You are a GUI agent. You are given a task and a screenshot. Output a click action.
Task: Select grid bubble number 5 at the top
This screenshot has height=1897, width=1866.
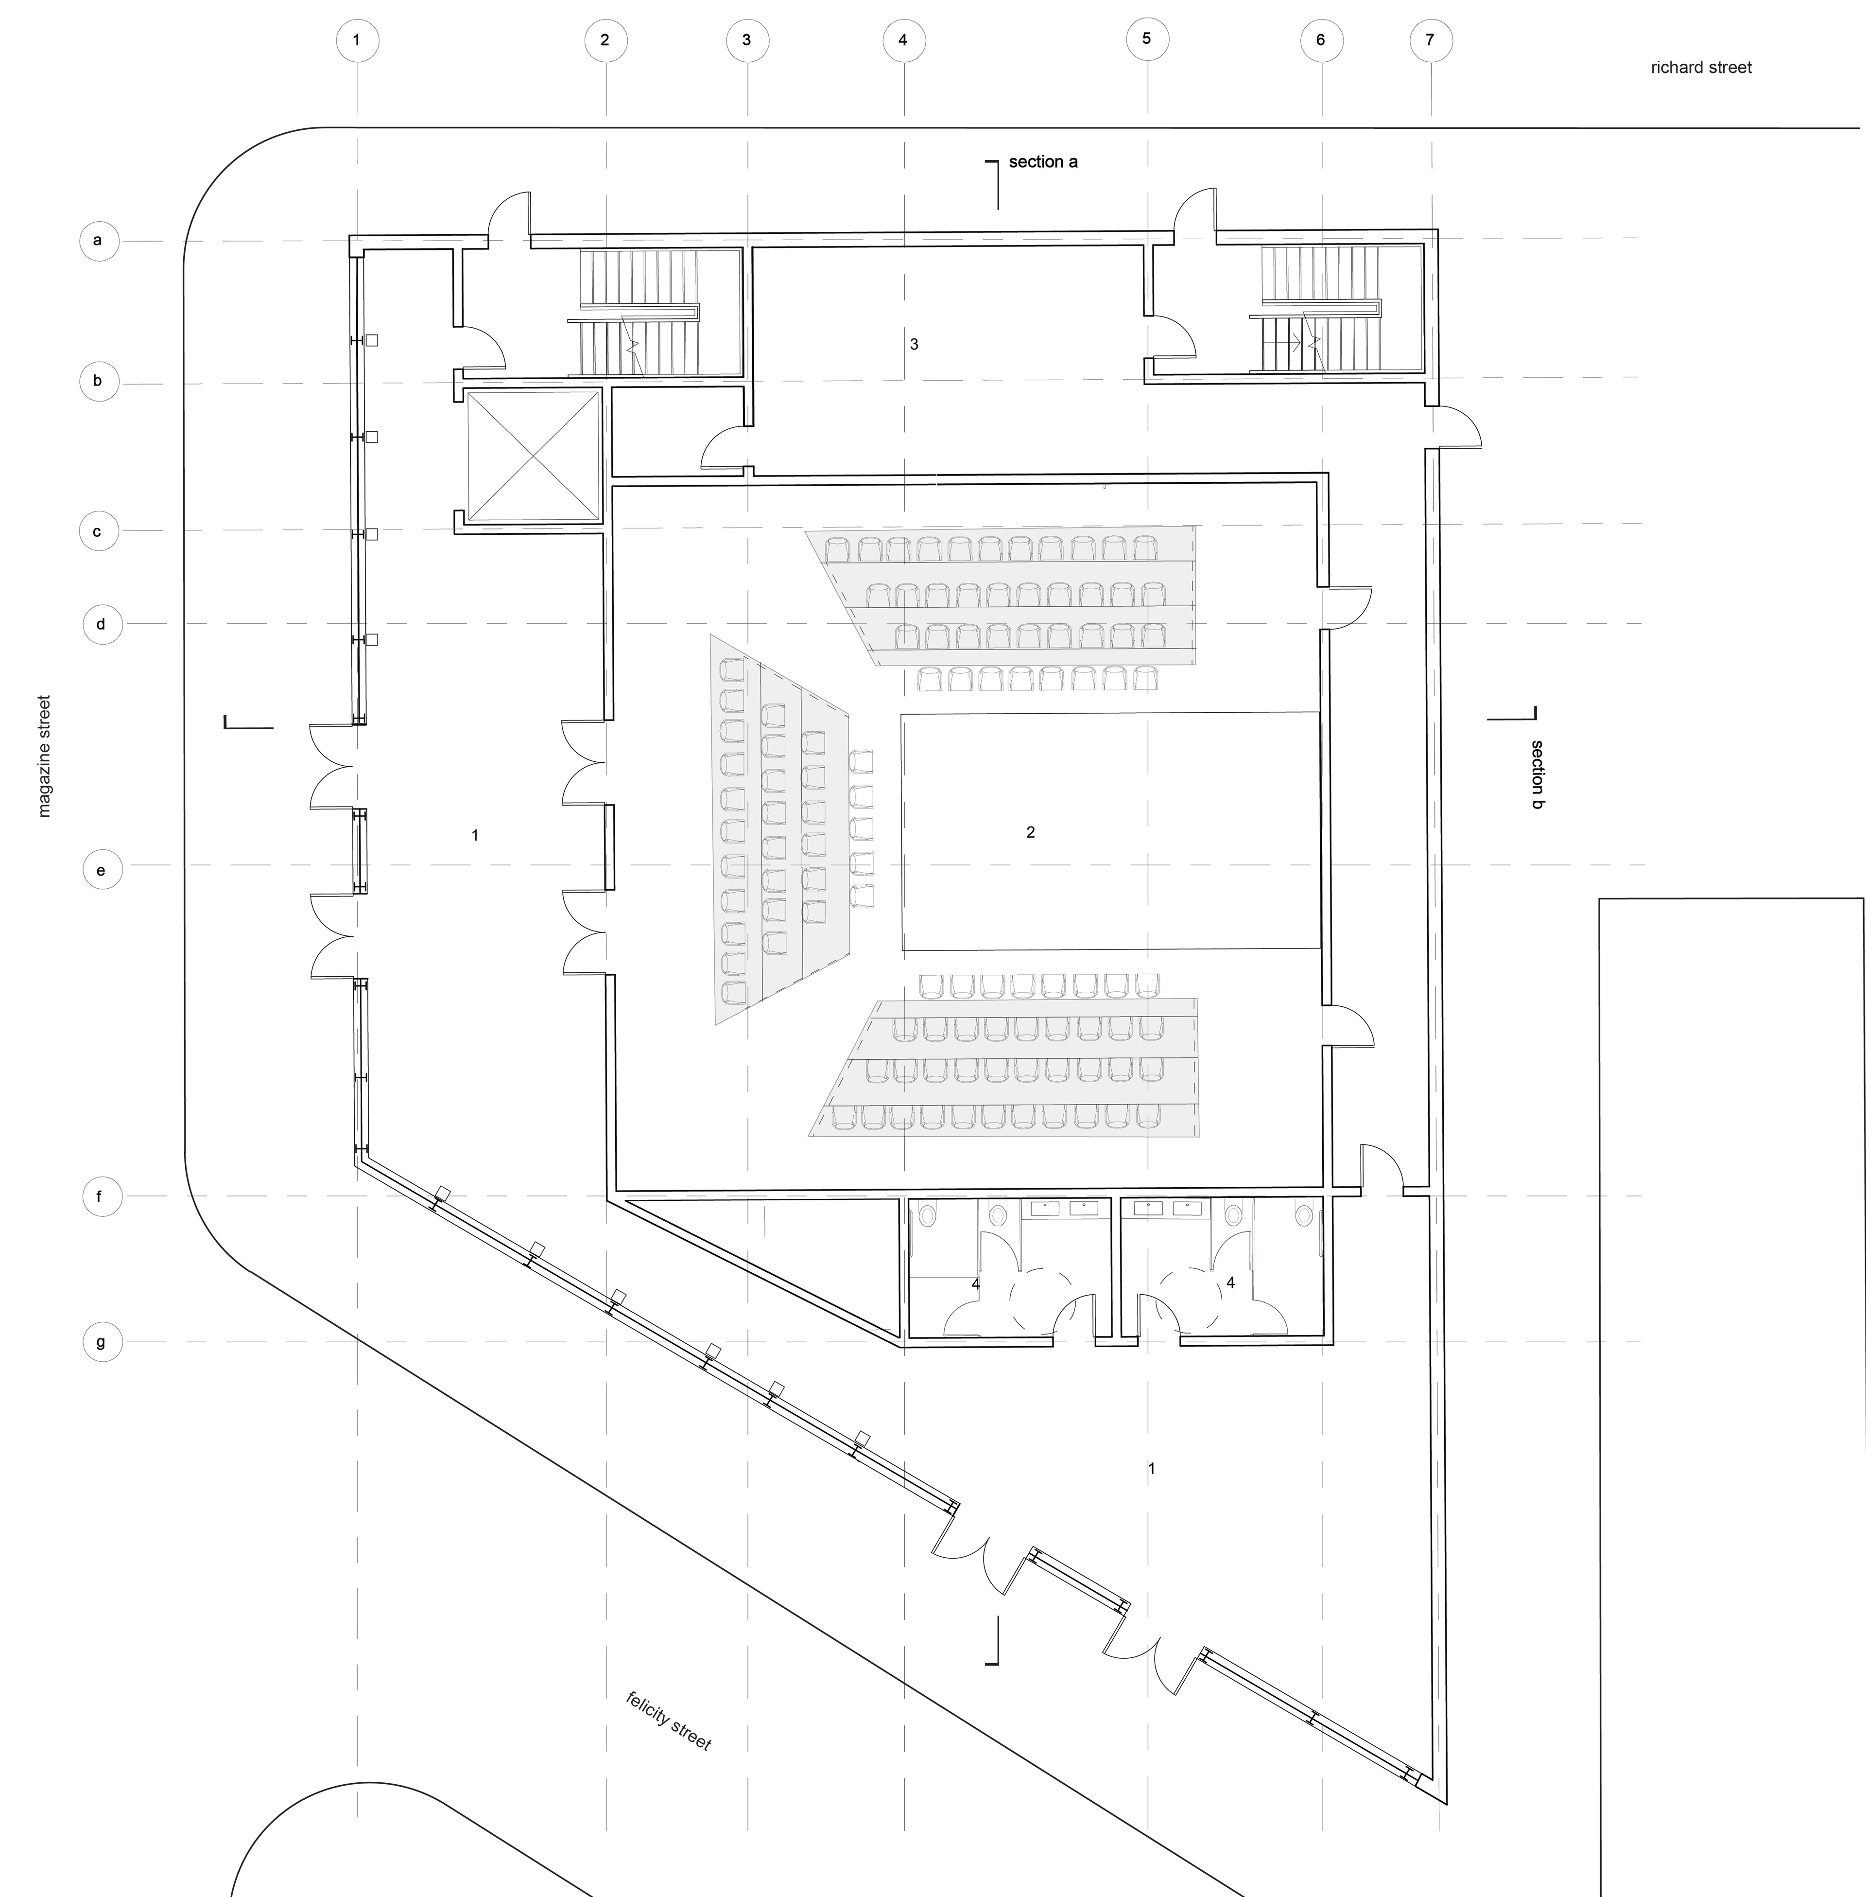[x=1147, y=39]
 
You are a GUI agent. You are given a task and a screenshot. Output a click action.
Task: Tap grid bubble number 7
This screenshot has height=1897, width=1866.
[x=1430, y=40]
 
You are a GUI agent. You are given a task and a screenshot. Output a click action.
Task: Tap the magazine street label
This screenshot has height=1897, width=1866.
[x=43, y=756]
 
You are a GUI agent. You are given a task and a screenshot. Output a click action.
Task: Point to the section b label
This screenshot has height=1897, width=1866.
[x=1537, y=774]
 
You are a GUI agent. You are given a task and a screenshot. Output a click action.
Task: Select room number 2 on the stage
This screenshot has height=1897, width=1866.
[x=1030, y=832]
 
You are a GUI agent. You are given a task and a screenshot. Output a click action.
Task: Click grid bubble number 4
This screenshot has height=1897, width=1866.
[x=902, y=40]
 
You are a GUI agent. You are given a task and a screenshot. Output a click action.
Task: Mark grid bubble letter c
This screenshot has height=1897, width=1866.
[x=98, y=531]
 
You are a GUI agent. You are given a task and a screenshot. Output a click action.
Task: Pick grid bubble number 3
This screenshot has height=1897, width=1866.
[x=747, y=40]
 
